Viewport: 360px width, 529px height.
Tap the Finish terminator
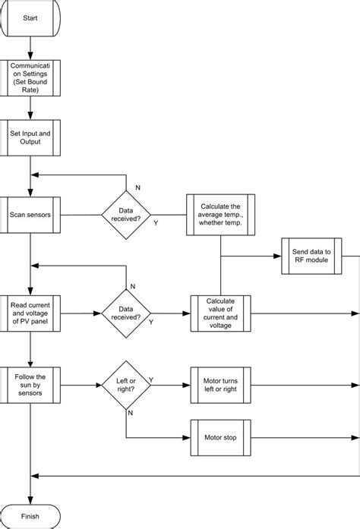click(x=30, y=516)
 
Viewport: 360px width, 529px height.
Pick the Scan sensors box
click(x=30, y=214)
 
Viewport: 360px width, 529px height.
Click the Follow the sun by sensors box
click(x=30, y=385)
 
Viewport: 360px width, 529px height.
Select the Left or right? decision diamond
click(x=125, y=385)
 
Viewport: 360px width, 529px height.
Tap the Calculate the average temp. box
click(x=220, y=214)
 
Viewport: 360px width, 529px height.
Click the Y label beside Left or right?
click(x=152, y=379)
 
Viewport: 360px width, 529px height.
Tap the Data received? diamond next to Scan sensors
click(x=125, y=214)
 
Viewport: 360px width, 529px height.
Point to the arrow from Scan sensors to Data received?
click(x=80, y=214)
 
